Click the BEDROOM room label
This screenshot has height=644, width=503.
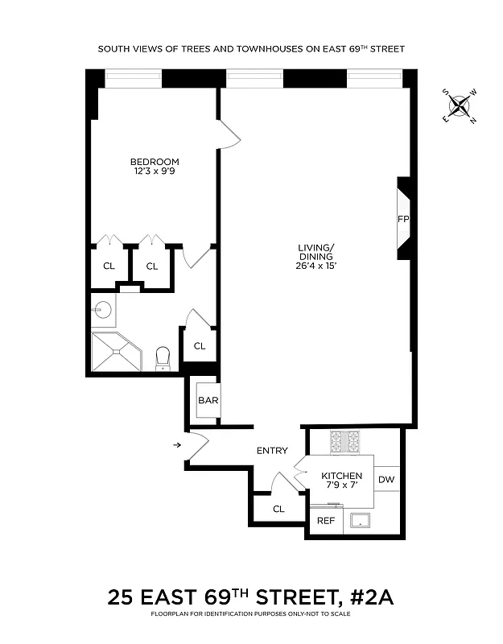[156, 162]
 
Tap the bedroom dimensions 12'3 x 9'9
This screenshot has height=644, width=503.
[156, 171]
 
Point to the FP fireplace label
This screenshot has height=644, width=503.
[403, 219]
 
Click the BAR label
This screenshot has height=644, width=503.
[208, 400]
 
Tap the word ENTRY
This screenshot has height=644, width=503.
[272, 451]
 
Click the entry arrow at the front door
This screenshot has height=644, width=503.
[176, 444]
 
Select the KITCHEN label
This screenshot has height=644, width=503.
[342, 477]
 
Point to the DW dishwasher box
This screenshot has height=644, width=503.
[386, 480]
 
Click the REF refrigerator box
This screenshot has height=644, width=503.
[325, 521]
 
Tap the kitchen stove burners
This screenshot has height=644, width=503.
[344, 441]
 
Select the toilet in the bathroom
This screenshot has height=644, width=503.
[163, 357]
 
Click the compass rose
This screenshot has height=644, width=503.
[460, 105]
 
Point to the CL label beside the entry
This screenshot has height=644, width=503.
[278, 509]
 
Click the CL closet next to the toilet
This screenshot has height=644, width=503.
[200, 346]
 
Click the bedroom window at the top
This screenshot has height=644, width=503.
[133, 79]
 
